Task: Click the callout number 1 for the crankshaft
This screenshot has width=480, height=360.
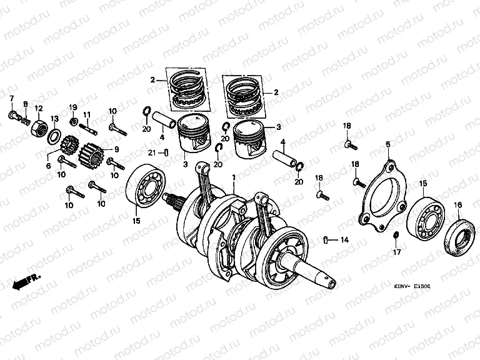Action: click(233, 177)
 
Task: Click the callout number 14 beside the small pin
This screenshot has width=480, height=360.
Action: click(344, 239)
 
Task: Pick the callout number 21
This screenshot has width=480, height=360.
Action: click(152, 154)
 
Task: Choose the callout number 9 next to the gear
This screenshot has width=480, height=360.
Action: click(116, 149)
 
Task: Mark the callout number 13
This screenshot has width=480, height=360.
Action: click(54, 119)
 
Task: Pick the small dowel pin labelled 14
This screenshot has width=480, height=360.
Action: click(326, 239)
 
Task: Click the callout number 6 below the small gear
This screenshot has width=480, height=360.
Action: click(47, 166)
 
